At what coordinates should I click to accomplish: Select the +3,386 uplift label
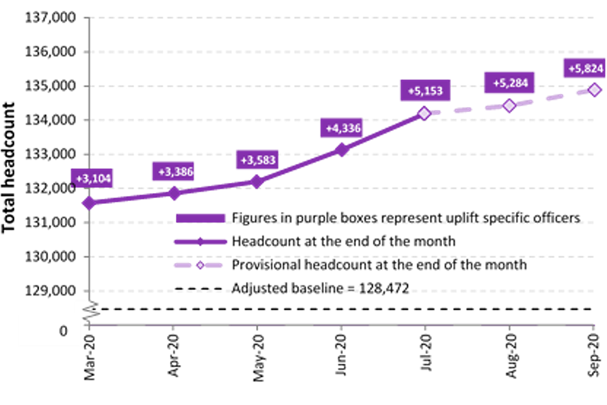click(176, 171)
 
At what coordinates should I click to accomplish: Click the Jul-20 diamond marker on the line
click(424, 113)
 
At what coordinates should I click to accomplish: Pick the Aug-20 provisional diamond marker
click(509, 105)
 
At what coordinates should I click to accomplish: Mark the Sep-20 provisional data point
click(594, 90)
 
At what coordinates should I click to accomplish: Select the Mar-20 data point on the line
click(89, 203)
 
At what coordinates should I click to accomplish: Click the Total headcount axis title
click(11, 167)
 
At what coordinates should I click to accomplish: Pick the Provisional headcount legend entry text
click(379, 265)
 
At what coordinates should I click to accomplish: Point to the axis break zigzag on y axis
click(89, 310)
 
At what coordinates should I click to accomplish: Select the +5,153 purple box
click(426, 91)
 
